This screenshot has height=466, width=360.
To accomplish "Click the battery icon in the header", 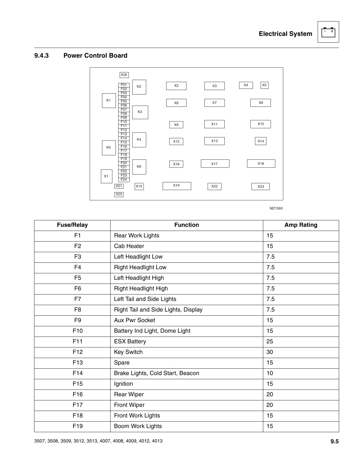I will point(328,32).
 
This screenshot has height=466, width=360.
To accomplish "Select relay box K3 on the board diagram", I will point(140,112).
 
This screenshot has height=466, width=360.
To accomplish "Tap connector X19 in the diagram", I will point(176,186).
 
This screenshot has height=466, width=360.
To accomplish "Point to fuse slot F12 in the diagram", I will point(124,130).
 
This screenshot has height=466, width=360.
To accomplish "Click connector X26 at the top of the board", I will point(124,75).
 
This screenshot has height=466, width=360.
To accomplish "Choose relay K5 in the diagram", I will point(109,148).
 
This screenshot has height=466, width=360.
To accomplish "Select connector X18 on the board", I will point(261,164).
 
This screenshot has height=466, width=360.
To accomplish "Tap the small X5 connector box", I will point(264,85).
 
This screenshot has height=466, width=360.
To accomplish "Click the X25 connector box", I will point(119,194).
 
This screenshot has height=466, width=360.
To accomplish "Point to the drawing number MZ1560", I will point(276,209).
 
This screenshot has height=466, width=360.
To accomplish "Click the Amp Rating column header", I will point(301,225).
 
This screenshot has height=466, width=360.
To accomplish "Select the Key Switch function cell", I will point(128,352).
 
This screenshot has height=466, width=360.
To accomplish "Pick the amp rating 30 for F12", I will point(270,352).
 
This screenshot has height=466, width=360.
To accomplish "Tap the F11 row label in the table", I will point(78,342).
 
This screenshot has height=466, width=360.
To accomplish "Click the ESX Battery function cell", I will point(130,342).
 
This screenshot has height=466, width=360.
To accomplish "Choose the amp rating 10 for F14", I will point(270,373).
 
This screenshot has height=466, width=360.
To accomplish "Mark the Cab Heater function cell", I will point(129,246).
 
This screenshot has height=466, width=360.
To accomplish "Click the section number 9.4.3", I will point(41,56).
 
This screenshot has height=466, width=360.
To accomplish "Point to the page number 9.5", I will point(334,441).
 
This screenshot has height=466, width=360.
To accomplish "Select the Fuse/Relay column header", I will point(72,225).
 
